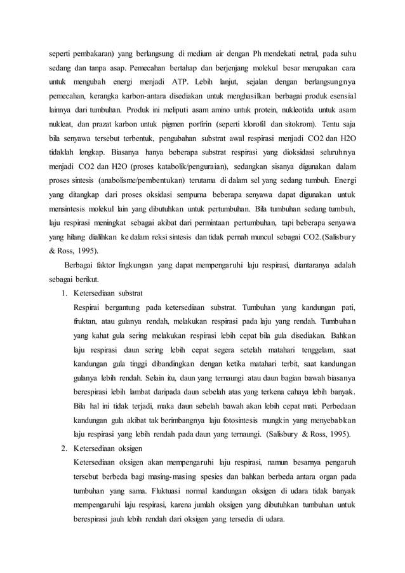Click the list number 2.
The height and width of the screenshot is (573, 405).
pos(64,448)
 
